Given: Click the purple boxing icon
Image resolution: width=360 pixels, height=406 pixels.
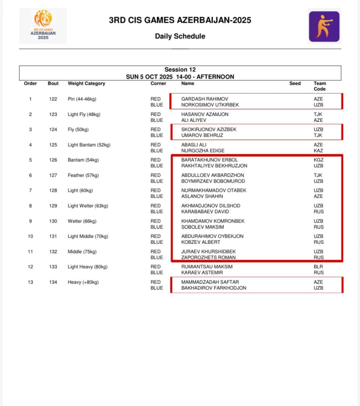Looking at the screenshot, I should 324,26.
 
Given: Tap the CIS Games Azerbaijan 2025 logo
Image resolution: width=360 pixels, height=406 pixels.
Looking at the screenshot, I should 43,26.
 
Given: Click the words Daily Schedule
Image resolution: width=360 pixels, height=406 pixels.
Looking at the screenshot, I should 180,36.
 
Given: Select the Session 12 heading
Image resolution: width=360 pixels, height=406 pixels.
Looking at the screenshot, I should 180,70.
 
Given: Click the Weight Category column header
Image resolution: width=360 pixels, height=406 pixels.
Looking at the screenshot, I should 86,84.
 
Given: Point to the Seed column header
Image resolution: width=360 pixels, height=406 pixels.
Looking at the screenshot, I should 295,84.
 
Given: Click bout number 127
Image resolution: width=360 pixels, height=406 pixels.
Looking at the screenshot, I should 53,175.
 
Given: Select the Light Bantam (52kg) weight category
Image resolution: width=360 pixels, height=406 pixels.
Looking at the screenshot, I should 89,145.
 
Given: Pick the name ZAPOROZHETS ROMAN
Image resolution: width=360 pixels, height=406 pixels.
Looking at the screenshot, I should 208,257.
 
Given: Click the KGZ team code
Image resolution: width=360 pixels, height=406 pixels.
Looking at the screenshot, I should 318,160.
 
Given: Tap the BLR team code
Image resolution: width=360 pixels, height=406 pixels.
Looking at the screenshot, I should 318,267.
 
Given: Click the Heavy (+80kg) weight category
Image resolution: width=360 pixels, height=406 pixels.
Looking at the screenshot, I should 83,282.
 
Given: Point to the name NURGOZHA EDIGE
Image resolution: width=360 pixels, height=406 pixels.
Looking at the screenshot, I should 203,151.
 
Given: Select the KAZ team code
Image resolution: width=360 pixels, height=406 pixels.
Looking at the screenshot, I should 318,151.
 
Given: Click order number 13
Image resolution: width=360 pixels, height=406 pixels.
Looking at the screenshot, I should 30,282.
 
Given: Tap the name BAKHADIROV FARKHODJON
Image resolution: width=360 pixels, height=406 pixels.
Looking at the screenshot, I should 214,288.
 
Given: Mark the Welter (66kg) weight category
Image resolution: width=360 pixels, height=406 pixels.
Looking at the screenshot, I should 82,221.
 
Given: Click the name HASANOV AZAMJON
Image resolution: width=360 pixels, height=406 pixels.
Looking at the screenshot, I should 205,114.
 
